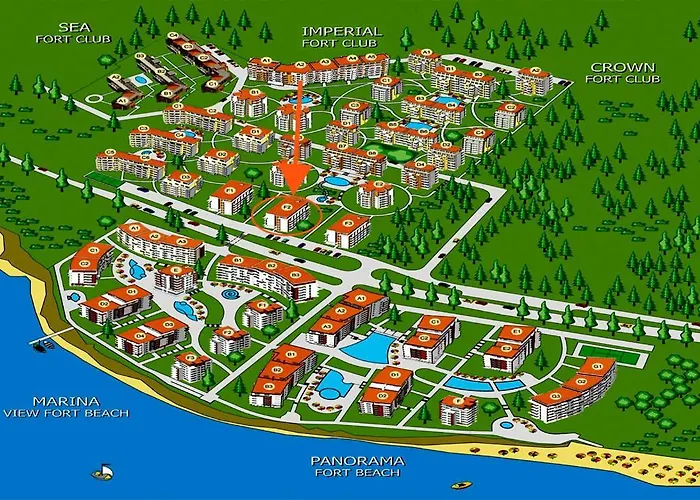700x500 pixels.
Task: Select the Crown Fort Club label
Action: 622,74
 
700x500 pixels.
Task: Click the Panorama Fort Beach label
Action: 357,467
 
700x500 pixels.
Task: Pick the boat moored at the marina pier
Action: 43,344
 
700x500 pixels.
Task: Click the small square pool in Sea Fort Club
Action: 141,79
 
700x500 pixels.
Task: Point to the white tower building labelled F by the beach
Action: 458,409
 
